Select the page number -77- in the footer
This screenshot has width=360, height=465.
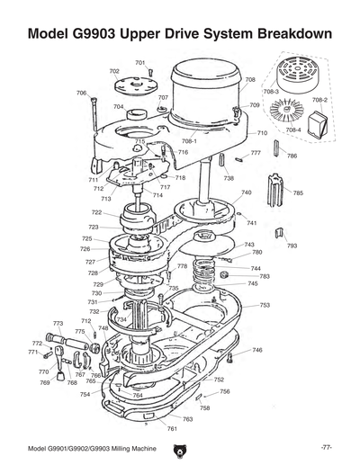point(326,447)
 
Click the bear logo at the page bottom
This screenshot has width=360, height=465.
point(180,447)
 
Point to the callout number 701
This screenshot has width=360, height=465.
point(140,62)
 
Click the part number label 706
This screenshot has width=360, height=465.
point(81,93)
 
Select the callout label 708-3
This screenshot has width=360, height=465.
point(270,92)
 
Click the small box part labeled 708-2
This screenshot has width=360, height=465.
point(318,123)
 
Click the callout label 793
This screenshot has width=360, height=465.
point(292,245)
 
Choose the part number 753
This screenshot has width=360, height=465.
point(265,305)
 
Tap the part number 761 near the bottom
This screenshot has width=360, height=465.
point(171,428)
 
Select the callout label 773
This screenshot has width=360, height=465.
point(58,323)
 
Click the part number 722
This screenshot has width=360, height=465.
point(95,212)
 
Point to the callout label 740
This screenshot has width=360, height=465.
point(247,192)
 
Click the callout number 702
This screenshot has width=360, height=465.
point(114,71)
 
